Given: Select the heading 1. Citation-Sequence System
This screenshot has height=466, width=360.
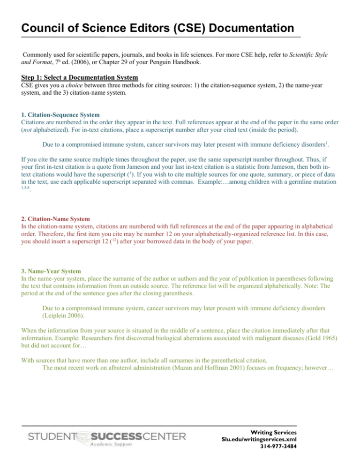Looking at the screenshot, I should click(x=47, y=114).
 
